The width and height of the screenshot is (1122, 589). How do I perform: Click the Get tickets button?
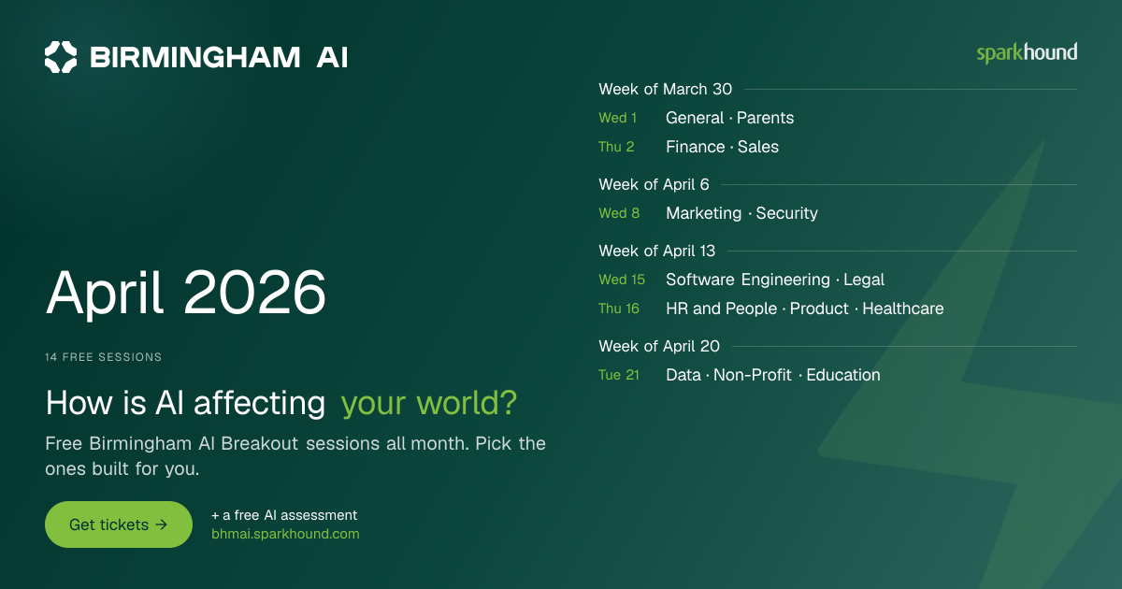click(x=119, y=524)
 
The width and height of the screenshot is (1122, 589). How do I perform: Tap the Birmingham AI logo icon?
click(x=61, y=57)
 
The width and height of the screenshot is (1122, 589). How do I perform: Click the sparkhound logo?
click(x=1027, y=53)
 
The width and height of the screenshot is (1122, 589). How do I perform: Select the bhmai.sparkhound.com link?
click(x=285, y=534)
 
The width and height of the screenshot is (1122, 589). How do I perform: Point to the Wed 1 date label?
click(x=618, y=118)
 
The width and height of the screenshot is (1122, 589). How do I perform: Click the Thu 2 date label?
click(x=616, y=147)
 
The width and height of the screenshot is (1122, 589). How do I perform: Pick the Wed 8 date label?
click(x=619, y=213)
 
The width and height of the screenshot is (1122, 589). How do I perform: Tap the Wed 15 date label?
click(x=622, y=280)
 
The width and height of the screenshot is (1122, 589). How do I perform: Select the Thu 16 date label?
click(x=619, y=309)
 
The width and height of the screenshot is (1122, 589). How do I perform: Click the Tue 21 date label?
click(x=619, y=375)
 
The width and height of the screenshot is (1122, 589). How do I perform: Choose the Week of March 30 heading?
click(x=665, y=89)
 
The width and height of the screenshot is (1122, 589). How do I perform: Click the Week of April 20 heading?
click(x=659, y=346)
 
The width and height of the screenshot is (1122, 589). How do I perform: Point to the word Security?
click(x=787, y=213)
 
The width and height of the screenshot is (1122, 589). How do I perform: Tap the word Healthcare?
click(x=903, y=309)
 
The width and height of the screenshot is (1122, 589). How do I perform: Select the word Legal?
click(x=864, y=280)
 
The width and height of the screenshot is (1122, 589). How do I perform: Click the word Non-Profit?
click(x=753, y=375)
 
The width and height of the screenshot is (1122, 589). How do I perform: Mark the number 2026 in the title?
click(x=255, y=292)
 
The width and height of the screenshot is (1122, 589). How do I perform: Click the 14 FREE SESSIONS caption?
click(x=103, y=357)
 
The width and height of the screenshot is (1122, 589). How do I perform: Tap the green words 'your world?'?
click(x=429, y=403)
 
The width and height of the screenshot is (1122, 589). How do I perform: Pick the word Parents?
click(x=766, y=118)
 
